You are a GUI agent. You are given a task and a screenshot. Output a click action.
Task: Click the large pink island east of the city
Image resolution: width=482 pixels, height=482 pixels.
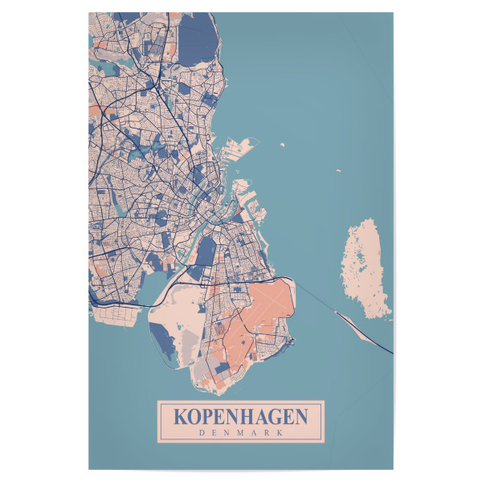tap(367, 269)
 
